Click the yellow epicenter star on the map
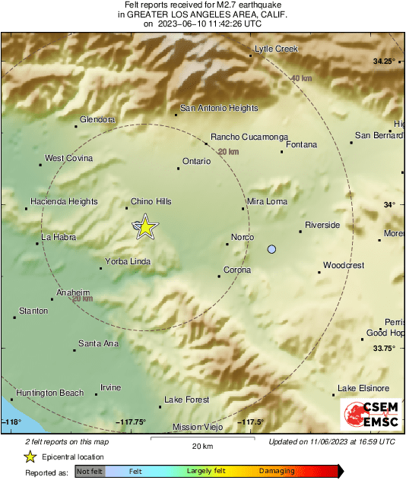(x=145, y=226)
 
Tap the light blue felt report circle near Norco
(x=272, y=249)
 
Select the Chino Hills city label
(x=151, y=201)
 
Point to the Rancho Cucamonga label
(x=249, y=137)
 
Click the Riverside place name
(x=322, y=225)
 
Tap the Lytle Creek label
(x=276, y=49)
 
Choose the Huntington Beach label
(x=49, y=393)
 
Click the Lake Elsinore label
(x=363, y=388)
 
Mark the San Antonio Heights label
(x=218, y=108)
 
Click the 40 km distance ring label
(x=301, y=78)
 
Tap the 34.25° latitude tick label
(x=384, y=61)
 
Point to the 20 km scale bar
(x=201, y=438)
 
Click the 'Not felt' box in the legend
(x=90, y=472)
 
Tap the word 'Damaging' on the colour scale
(x=278, y=472)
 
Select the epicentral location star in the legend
(x=30, y=456)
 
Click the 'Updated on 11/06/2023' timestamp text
(x=331, y=441)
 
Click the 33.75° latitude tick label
(x=384, y=349)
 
